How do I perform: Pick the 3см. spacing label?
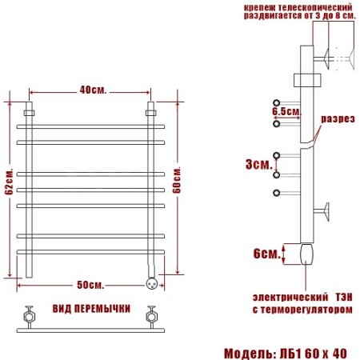(257, 164)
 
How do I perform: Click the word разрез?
(337, 119)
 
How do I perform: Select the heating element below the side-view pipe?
(304, 254)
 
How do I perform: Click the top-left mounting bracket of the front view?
(29, 113)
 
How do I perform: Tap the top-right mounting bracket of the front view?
(150, 113)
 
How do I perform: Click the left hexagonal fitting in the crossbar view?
(29, 313)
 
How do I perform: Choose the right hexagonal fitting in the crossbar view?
(150, 313)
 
